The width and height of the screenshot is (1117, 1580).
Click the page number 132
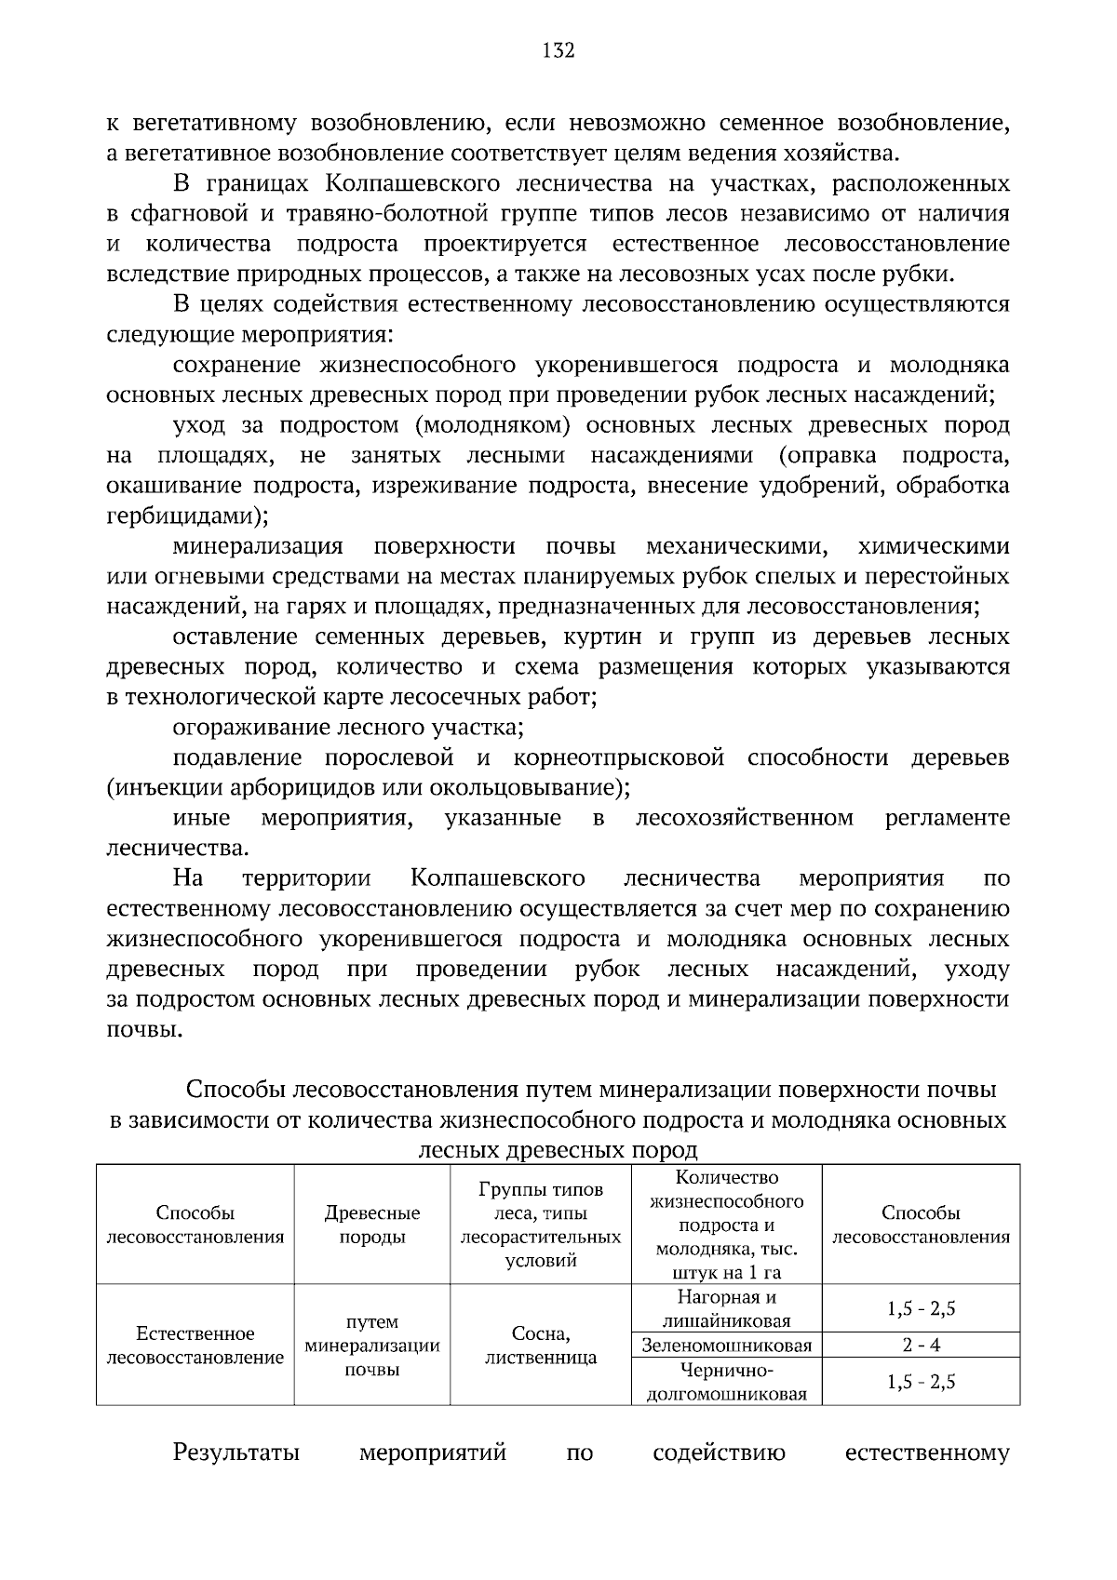tap(558, 50)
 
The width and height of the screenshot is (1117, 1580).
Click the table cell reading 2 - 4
tap(922, 1346)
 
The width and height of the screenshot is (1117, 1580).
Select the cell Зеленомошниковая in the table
tap(726, 1346)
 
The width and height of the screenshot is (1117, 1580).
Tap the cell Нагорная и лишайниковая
tap(726, 1309)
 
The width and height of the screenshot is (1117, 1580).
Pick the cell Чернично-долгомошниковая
tap(726, 1382)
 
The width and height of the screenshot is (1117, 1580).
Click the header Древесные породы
tap(371, 1225)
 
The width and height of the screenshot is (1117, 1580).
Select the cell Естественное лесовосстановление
tap(195, 1346)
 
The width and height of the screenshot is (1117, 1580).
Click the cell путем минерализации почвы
tap(371, 1346)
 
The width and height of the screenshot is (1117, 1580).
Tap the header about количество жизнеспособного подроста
tap(726, 1225)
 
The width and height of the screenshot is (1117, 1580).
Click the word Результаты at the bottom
tap(236, 1453)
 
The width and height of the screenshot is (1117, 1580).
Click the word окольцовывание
tap(524, 788)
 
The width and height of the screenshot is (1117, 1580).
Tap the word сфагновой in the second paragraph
tap(188, 214)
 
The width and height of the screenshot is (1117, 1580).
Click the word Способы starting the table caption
tap(236, 1090)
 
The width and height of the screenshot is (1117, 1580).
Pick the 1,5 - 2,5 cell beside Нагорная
tap(922, 1309)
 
